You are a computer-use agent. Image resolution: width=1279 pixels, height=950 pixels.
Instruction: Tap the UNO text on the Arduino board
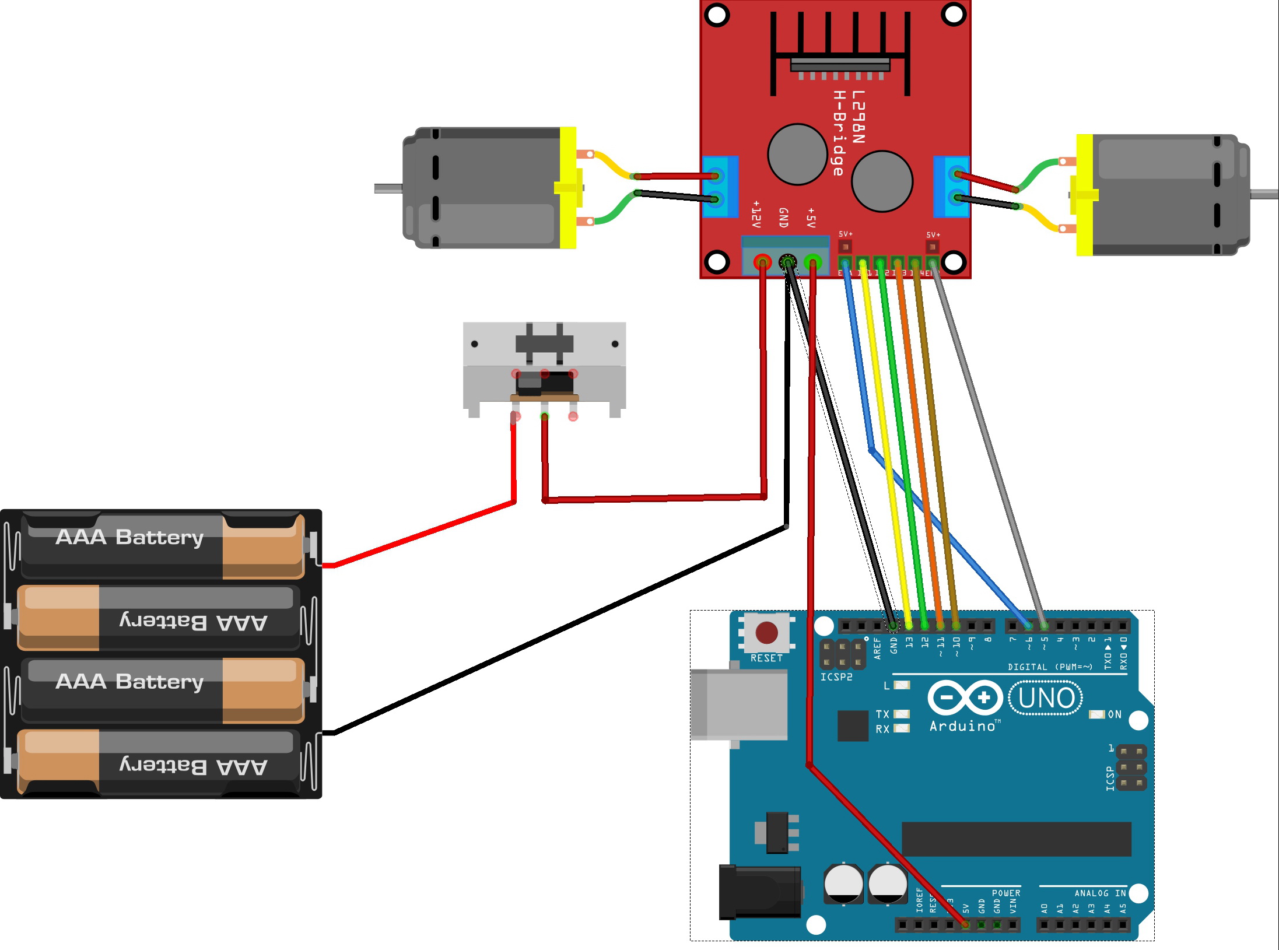1046,698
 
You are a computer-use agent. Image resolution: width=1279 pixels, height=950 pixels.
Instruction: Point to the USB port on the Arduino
739,705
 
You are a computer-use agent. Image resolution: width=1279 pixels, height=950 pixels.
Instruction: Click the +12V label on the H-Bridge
756,214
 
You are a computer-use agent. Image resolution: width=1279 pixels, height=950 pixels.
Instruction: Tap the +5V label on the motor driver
811,218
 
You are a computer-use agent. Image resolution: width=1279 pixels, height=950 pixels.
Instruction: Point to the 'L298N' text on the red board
858,117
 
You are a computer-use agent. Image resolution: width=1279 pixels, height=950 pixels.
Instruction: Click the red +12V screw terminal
762,262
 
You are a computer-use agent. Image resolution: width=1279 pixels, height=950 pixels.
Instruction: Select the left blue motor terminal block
720,187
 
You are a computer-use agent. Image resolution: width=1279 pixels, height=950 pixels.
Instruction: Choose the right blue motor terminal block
951,187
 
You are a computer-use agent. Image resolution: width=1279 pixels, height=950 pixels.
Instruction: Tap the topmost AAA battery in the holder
163,545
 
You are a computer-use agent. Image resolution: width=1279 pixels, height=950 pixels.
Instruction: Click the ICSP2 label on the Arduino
836,677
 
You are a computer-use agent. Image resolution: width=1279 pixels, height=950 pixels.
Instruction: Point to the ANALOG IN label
1100,893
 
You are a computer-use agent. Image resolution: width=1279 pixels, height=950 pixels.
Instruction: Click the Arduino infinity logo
965,697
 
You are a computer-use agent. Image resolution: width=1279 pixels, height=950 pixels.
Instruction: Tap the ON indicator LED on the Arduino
1097,714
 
